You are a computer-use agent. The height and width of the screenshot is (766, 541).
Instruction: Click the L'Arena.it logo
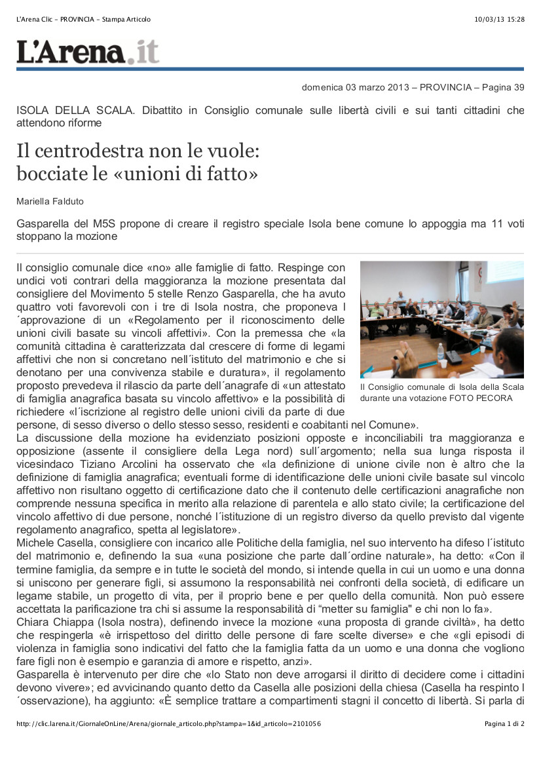pyautogui.click(x=88, y=52)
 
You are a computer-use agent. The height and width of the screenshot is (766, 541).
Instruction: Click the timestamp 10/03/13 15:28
pyautogui.click(x=499, y=20)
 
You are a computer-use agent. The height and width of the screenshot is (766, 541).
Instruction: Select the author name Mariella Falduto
pyautogui.click(x=50, y=201)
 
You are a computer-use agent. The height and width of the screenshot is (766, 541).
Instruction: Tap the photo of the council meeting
pyautogui.click(x=441, y=319)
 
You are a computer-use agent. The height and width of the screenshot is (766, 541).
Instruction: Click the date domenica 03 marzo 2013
pyautogui.click(x=355, y=87)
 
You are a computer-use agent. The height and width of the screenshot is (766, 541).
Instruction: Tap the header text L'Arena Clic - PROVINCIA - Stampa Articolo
pyautogui.click(x=83, y=20)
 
